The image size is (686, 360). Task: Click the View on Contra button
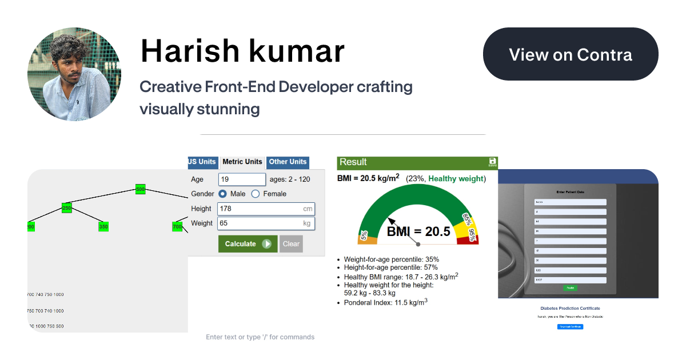tap(571, 54)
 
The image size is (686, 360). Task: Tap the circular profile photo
tap(74, 74)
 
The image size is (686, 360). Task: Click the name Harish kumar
tap(242, 51)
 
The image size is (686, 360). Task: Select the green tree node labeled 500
tap(141, 189)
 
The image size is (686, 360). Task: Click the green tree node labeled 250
tap(67, 208)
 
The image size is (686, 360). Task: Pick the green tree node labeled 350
tap(103, 227)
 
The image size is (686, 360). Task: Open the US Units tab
tap(202, 162)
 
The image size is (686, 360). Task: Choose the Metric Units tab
tap(242, 162)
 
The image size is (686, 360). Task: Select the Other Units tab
tap(288, 162)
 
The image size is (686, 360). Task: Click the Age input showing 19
tap(242, 179)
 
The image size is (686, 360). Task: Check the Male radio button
tap(223, 194)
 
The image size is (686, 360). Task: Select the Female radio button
tap(256, 194)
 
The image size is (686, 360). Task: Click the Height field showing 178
tap(266, 209)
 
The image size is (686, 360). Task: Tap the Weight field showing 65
tap(266, 223)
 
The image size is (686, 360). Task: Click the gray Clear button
tap(291, 244)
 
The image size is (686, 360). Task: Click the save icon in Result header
tap(493, 162)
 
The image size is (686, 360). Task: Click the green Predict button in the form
tap(570, 288)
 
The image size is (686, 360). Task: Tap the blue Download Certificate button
tap(570, 326)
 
